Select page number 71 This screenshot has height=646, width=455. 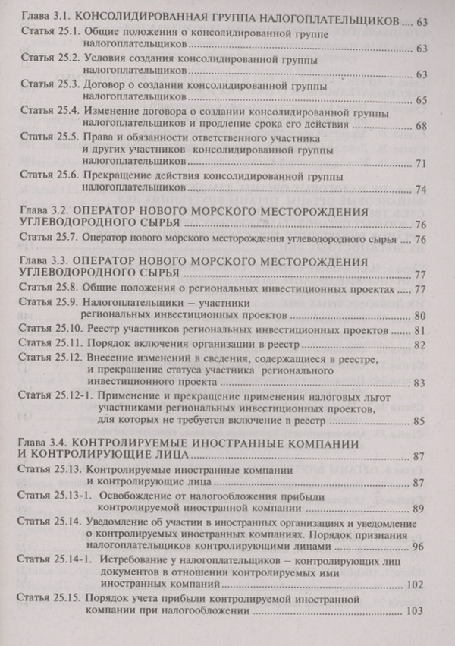[423, 163]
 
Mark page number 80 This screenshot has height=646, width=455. [423, 314]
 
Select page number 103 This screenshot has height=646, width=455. [414, 610]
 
